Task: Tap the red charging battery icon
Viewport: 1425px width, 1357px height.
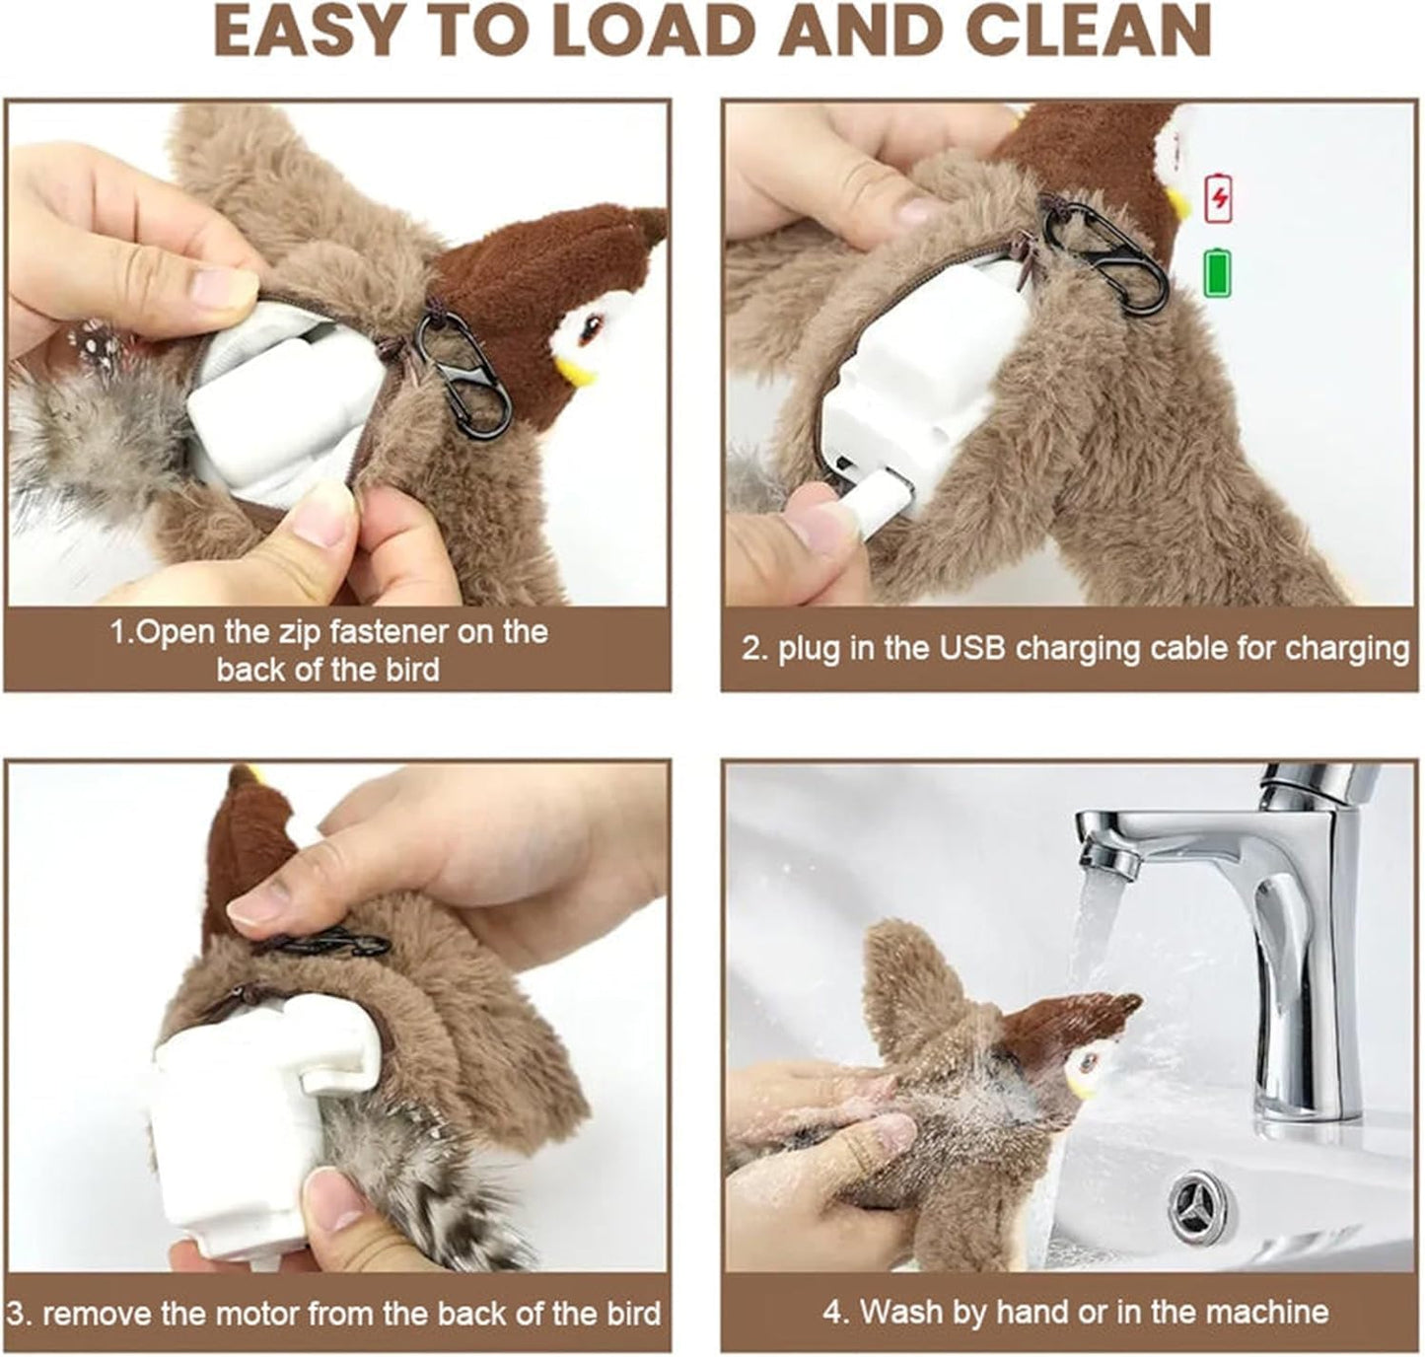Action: pyautogui.click(x=1221, y=197)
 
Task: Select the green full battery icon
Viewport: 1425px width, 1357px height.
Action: pyautogui.click(x=1219, y=273)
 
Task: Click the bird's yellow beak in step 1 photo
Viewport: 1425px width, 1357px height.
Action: pyautogui.click(x=574, y=371)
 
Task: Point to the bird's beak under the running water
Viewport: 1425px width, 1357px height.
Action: pyautogui.click(x=1087, y=1089)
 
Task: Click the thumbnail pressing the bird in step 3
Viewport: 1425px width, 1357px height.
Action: pyautogui.click(x=254, y=904)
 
